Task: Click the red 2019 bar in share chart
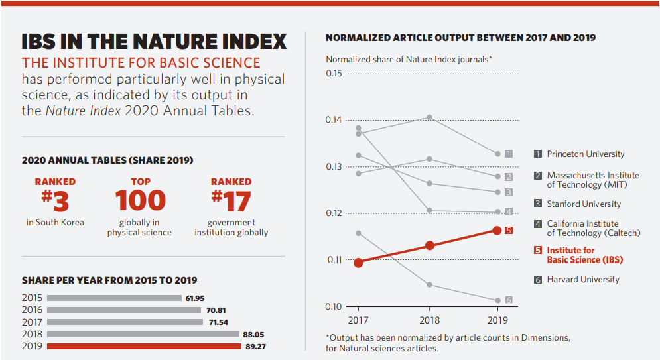[145, 346]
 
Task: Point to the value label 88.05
[253, 335]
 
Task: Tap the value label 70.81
[216, 310]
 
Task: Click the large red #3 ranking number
[55, 200]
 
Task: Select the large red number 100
[140, 200]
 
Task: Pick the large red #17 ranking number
[231, 200]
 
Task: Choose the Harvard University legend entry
[582, 280]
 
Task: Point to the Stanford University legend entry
[583, 204]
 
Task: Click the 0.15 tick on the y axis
[334, 73]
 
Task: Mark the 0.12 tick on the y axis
[334, 213]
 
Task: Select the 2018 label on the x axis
[430, 320]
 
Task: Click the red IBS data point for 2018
[430, 245]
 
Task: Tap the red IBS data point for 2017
[359, 263]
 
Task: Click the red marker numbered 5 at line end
[509, 230]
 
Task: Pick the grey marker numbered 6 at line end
[509, 300]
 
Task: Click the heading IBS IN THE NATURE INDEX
[154, 42]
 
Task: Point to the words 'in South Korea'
[55, 223]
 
